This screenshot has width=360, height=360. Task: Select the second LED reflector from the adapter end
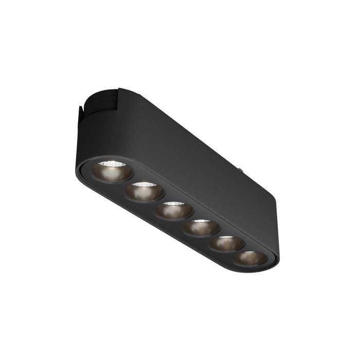pyautogui.click(x=144, y=191)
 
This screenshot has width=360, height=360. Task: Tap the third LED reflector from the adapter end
pyautogui.click(x=174, y=210)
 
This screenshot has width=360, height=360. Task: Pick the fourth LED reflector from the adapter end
pyautogui.click(x=202, y=227)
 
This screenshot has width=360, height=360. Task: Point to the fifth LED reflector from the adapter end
pyautogui.click(x=227, y=243)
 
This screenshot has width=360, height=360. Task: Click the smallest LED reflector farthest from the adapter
pyautogui.click(x=249, y=258)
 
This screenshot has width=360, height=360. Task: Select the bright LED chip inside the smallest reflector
pyautogui.click(x=251, y=254)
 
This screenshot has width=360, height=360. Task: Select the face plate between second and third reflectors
pyautogui.click(x=159, y=201)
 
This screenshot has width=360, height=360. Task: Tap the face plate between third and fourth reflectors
pyautogui.click(x=188, y=219)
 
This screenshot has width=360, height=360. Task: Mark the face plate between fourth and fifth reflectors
pyautogui.click(x=214, y=236)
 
